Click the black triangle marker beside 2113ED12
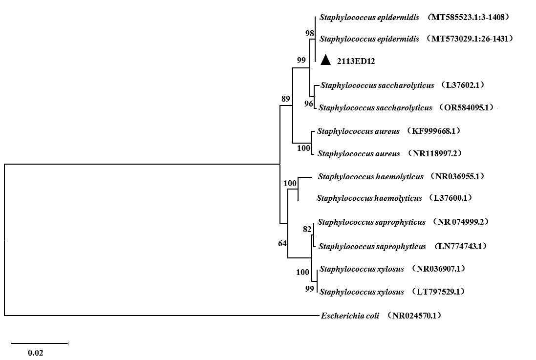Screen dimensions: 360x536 (x=326, y=60)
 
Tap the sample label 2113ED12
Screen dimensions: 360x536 (x=356, y=61)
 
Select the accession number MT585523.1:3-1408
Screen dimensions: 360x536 (x=469, y=18)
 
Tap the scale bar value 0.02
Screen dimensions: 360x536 (x=35, y=352)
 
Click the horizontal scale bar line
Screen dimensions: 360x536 (x=39, y=343)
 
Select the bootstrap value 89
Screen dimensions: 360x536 (x=285, y=99)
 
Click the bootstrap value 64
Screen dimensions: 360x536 (x=282, y=243)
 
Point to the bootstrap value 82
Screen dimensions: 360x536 (x=307, y=229)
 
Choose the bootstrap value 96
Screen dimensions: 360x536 (x=308, y=104)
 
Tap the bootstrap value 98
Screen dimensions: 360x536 (x=309, y=33)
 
